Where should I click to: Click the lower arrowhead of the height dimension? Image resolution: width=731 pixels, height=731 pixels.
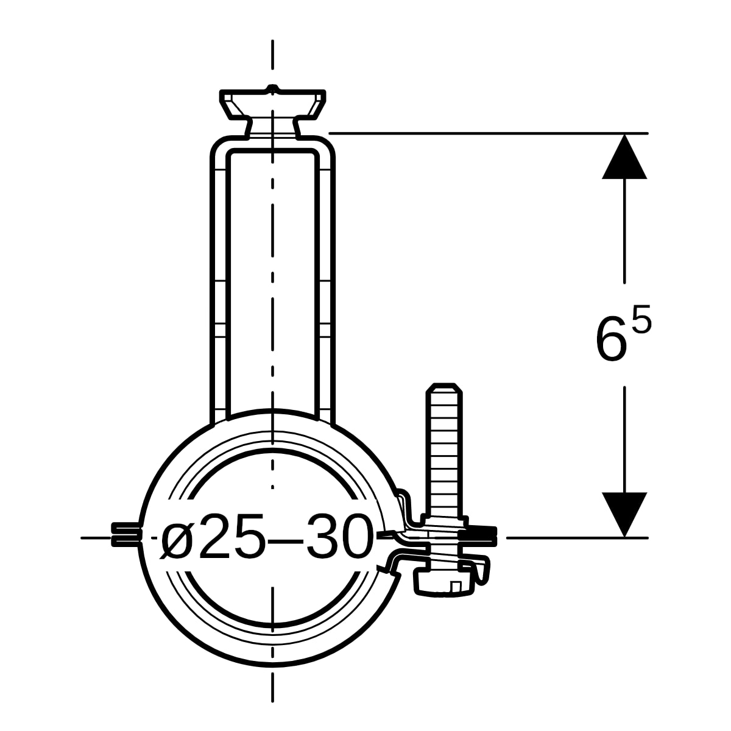[x=624, y=515]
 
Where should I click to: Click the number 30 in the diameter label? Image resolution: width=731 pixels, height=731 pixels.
[x=337, y=535]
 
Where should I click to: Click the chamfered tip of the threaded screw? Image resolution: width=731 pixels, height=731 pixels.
[x=444, y=389]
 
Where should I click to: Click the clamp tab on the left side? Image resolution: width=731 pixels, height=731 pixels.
[x=126, y=534]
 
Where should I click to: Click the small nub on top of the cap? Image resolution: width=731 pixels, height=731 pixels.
[x=272, y=88]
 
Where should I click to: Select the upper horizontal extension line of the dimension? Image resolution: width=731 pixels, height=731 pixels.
[x=488, y=133]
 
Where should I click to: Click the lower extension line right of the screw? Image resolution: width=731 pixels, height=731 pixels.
[x=577, y=537]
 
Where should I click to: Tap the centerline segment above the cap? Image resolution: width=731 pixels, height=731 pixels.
[x=272, y=55]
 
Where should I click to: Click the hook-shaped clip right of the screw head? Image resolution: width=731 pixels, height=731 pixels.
[x=482, y=575]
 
